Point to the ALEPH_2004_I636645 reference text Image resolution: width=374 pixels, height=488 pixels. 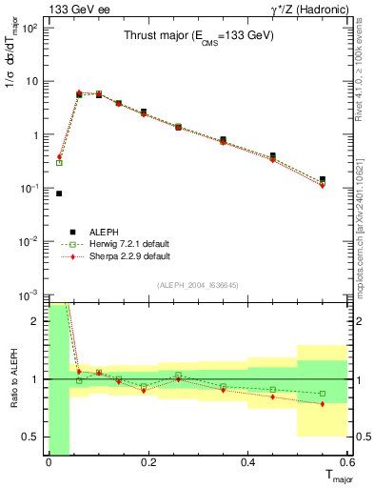(x=198, y=285)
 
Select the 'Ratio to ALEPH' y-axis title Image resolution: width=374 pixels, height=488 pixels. (x=11, y=379)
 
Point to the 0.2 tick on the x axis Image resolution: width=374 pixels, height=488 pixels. (x=148, y=462)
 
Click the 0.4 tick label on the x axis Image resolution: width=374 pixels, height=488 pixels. (x=248, y=462)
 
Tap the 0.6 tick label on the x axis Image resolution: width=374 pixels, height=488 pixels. (x=347, y=462)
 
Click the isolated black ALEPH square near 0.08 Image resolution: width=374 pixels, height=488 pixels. (x=59, y=193)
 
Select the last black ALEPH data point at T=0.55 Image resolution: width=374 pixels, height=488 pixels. (x=323, y=179)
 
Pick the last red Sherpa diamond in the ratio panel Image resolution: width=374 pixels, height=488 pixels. (x=323, y=404)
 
